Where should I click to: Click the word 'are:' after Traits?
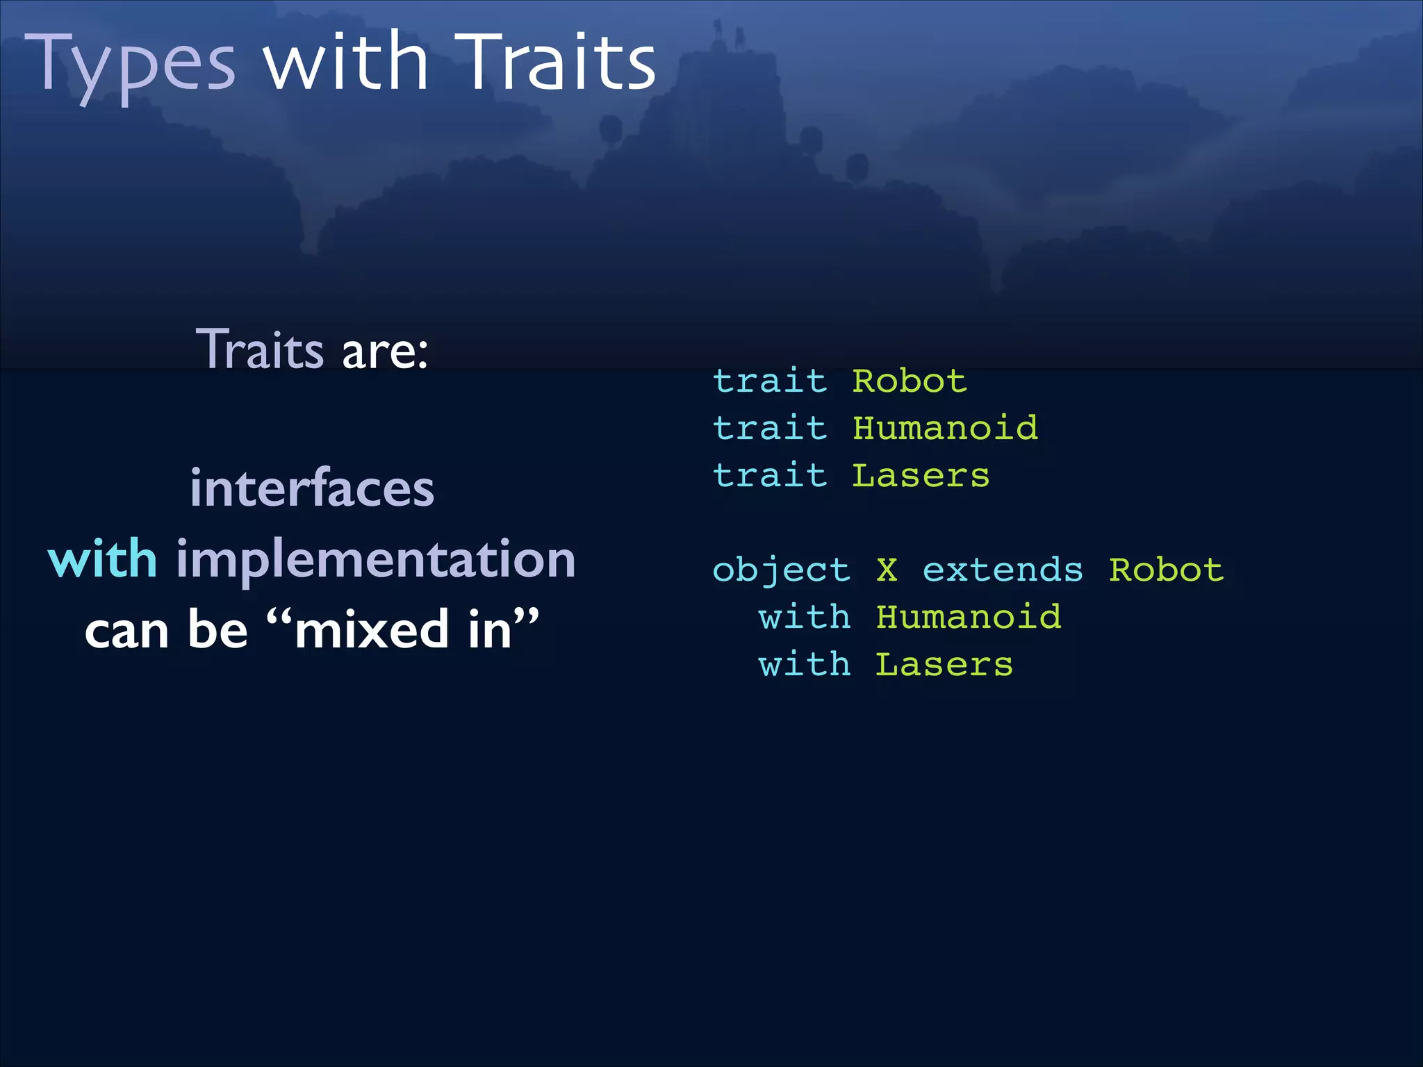tap(385, 350)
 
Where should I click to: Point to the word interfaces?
tap(312, 488)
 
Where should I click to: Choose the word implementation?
tap(376, 559)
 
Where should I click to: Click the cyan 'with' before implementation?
tap(103, 559)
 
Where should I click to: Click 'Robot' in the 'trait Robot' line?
tap(910, 381)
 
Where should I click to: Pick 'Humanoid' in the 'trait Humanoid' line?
tap(945, 428)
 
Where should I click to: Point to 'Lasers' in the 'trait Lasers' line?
tap(921, 476)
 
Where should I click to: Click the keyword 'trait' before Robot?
tap(770, 381)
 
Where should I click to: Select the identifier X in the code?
tap(887, 570)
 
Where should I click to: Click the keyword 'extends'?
tap(1003, 570)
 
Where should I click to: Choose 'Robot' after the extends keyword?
tap(1166, 570)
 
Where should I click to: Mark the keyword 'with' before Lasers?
tap(805, 665)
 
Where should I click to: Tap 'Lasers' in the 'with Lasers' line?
tap(944, 665)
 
